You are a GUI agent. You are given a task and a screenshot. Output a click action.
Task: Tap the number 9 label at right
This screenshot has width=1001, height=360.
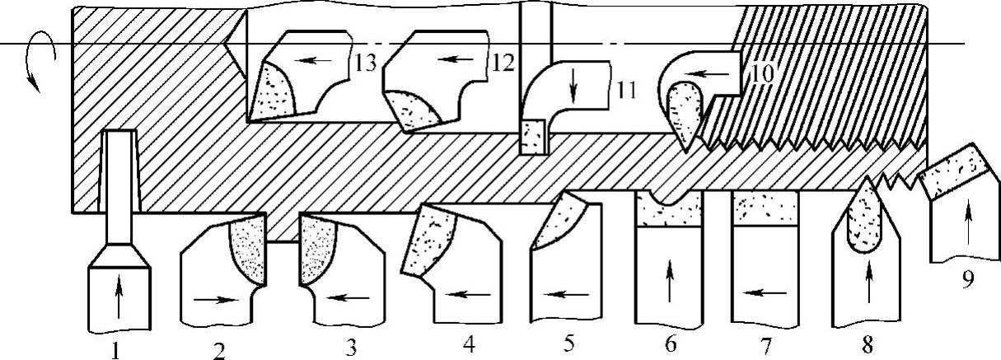tap(968, 278)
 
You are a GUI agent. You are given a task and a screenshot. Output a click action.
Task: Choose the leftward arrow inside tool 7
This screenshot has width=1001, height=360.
tap(765, 292)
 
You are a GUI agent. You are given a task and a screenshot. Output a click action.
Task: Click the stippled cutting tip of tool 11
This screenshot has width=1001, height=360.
tap(533, 134)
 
